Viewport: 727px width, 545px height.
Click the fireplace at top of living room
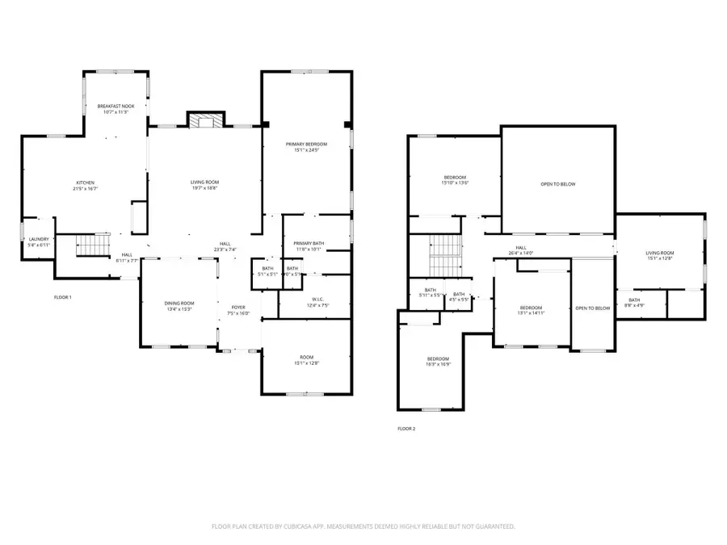(204, 121)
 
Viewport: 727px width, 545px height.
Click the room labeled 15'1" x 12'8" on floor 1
(306, 360)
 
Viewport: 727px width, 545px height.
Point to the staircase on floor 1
(92, 244)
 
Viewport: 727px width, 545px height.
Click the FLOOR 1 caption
(63, 298)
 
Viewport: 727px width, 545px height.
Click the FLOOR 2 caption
(406, 429)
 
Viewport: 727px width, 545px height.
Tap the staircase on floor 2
(443, 254)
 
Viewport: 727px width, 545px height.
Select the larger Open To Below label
(558, 184)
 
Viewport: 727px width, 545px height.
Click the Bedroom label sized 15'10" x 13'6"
(455, 179)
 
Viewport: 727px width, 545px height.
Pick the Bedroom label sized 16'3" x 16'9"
(438, 361)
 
